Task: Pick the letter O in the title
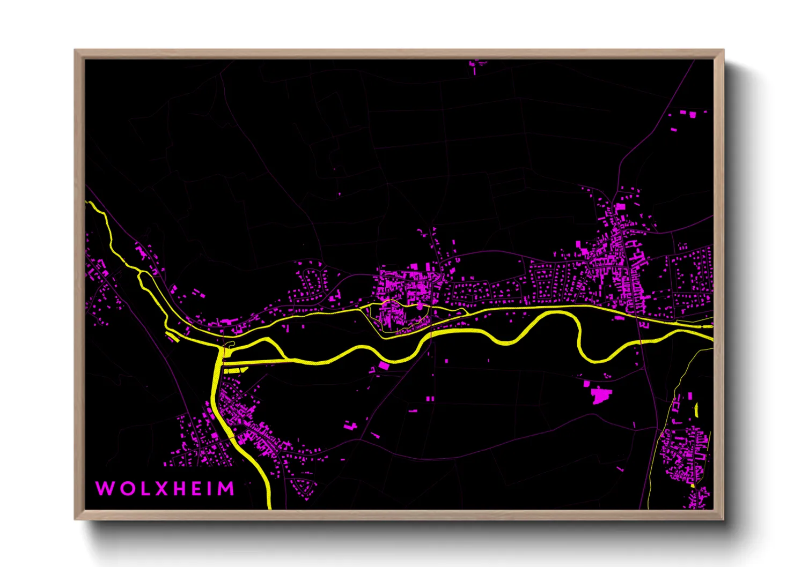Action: click(127, 489)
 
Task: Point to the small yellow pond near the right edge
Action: click(696, 411)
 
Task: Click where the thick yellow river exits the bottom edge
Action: click(268, 505)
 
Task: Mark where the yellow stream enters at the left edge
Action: click(88, 203)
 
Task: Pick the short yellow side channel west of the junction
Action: click(173, 336)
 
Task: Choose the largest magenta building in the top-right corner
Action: click(692, 114)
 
